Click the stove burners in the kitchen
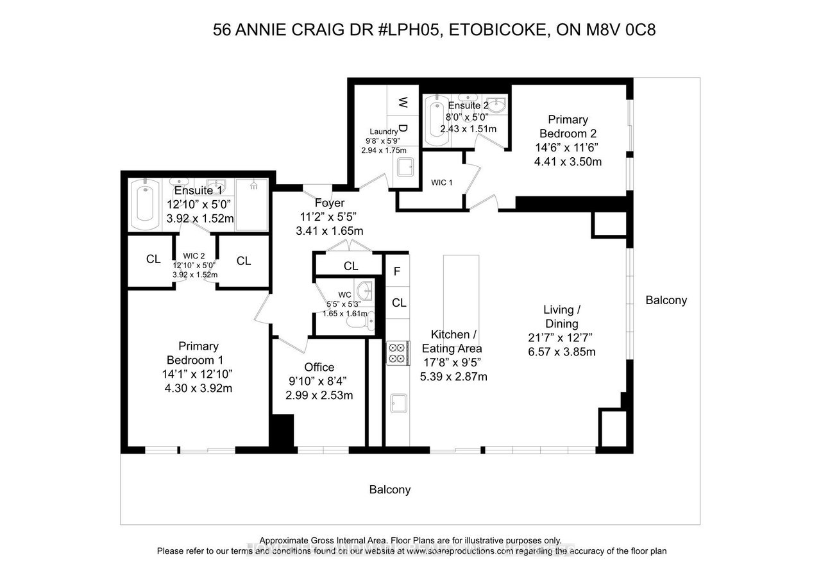(x=398, y=353)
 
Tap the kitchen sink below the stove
(x=398, y=403)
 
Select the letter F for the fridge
(x=397, y=271)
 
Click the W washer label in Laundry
(x=403, y=102)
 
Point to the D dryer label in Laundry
(x=403, y=128)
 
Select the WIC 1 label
(x=442, y=183)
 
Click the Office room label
(x=319, y=367)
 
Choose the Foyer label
(x=330, y=203)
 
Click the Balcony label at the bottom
(x=389, y=490)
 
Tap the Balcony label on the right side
(x=666, y=300)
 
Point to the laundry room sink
(x=405, y=167)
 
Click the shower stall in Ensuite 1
(x=251, y=205)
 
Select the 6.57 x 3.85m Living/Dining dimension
(x=561, y=352)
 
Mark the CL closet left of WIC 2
(x=153, y=259)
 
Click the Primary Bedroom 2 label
(x=568, y=126)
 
